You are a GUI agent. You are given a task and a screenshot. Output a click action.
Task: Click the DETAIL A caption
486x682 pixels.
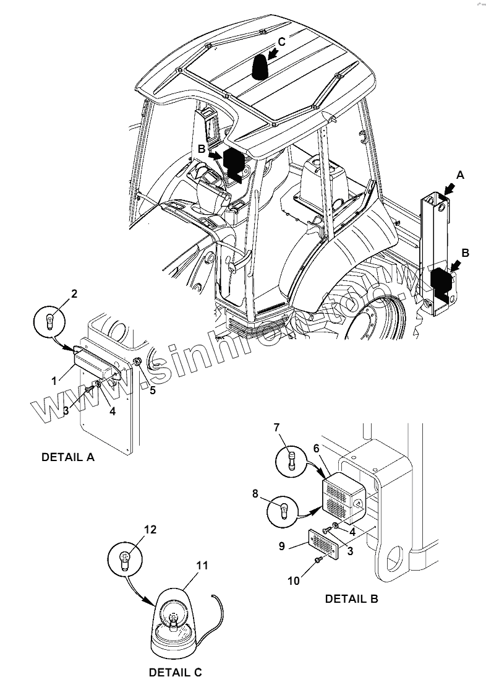point(67,457)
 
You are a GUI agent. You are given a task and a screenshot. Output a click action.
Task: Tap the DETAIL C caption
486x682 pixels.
point(176,671)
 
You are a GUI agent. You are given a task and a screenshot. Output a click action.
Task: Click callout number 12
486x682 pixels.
point(151,530)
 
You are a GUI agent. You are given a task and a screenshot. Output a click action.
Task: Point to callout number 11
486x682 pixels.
point(202,566)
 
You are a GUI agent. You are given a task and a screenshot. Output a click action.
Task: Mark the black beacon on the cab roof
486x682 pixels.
point(260,67)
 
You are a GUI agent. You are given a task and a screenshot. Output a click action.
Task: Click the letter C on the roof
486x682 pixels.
point(281,41)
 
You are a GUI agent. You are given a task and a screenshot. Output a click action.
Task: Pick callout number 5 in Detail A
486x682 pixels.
point(152,390)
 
